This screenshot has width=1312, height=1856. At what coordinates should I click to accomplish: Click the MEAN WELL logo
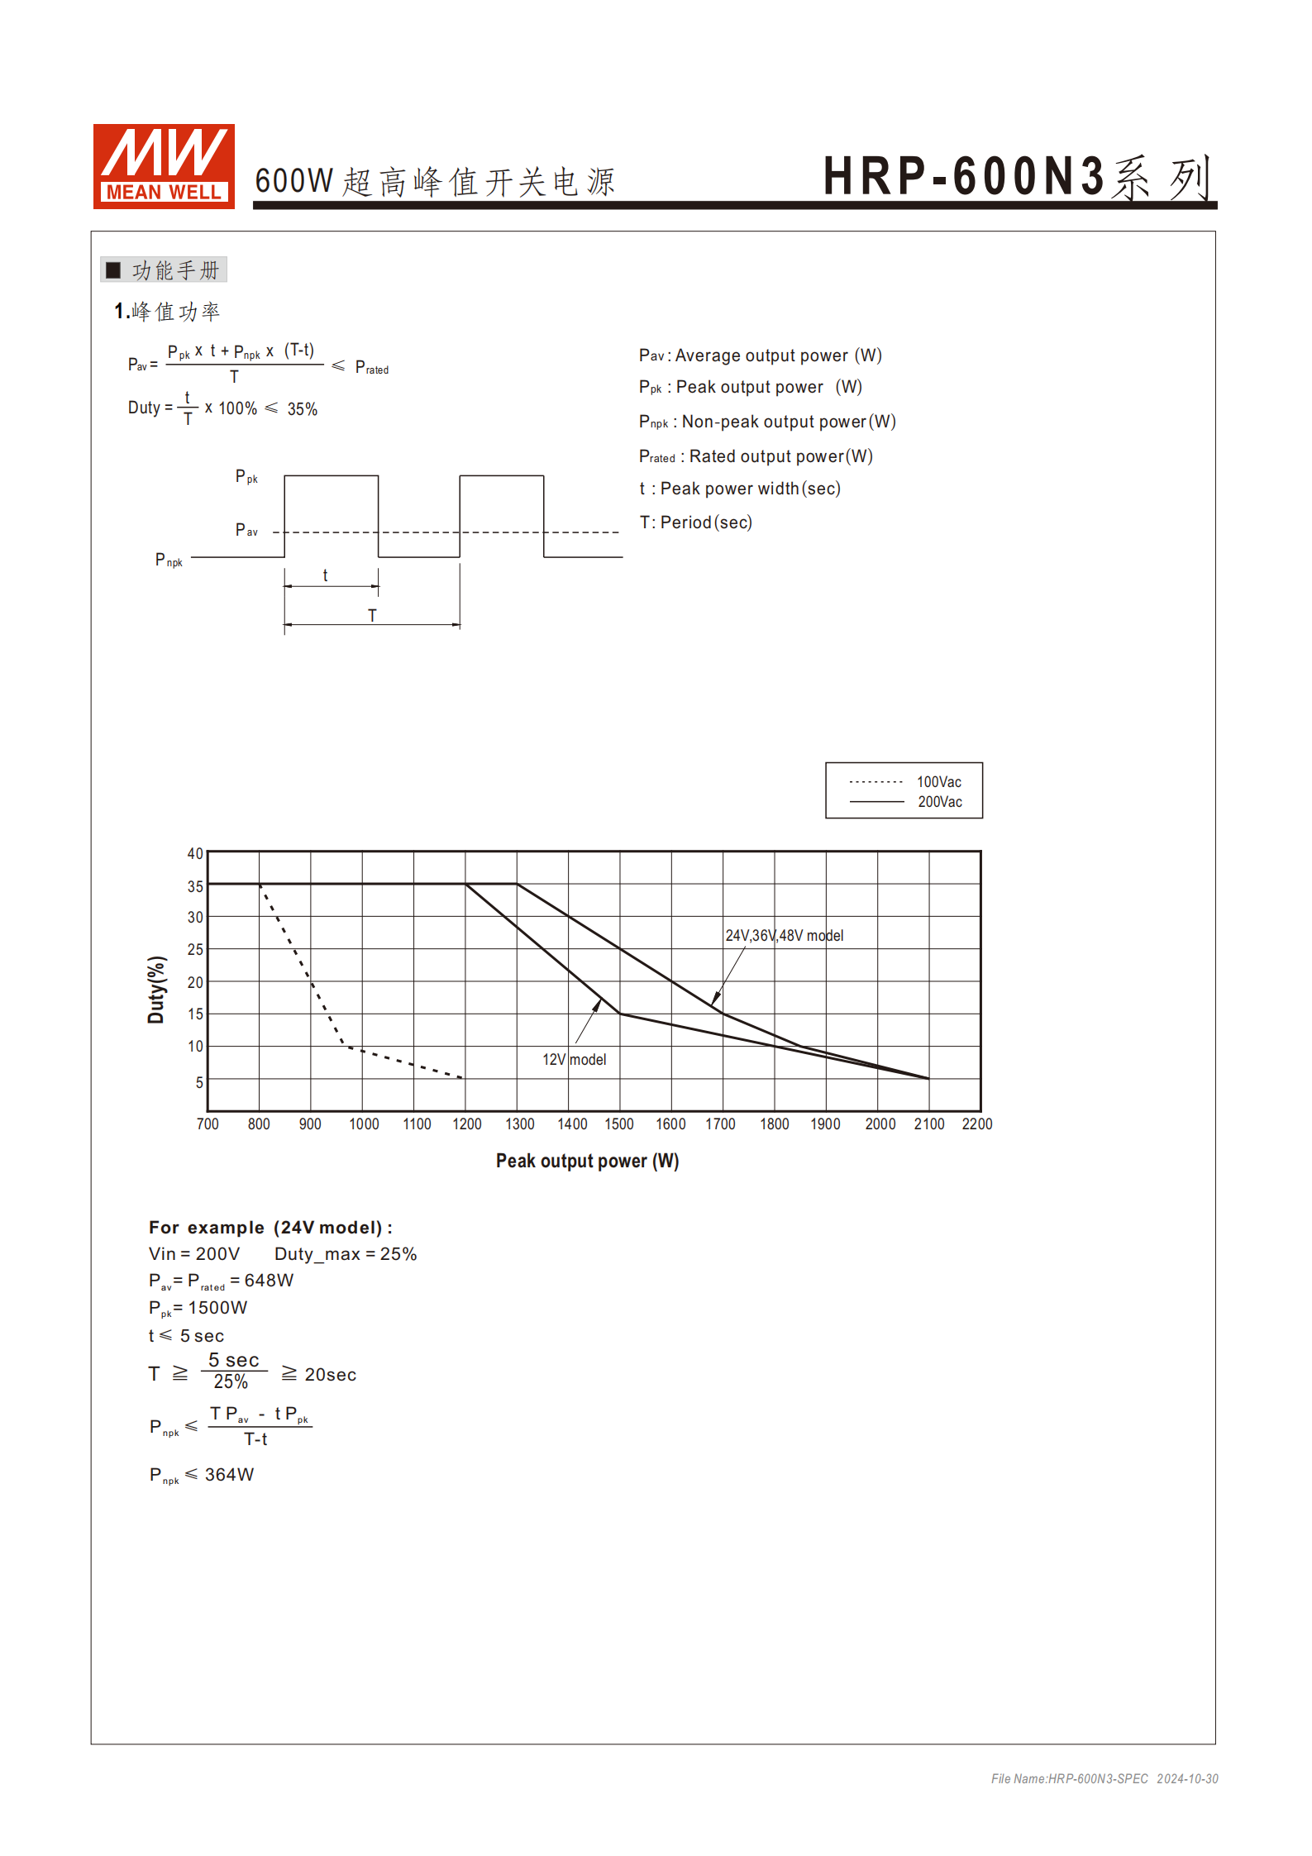[164, 166]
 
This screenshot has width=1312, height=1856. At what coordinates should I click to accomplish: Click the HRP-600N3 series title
[1016, 177]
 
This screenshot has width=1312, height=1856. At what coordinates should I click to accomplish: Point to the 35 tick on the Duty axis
[195, 886]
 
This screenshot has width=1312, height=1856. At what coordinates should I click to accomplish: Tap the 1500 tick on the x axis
[619, 1124]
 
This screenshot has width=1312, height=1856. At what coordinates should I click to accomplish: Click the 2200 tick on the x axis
[976, 1124]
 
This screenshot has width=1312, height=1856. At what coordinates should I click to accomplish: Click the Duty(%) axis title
[156, 990]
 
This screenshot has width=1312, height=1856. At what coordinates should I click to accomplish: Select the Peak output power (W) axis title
[587, 1161]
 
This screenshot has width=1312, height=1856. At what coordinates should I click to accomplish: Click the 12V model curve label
[574, 1060]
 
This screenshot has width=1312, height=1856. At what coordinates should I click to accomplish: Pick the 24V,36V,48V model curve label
[784, 936]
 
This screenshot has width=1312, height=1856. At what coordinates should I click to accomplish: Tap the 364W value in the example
[229, 1475]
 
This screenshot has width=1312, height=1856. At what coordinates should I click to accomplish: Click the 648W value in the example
[269, 1281]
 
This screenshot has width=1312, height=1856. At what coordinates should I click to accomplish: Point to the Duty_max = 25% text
[346, 1254]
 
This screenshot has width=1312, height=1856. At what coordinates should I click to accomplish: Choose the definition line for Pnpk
[766, 422]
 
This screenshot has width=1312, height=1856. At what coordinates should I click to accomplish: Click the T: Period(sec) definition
[695, 522]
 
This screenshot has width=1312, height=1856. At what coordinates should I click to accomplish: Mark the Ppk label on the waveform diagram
[246, 477]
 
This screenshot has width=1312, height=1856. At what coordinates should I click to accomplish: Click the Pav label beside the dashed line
[246, 530]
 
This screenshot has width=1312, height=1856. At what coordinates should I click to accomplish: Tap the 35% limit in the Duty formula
[302, 409]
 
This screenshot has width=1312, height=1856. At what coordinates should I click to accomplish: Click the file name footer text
[1104, 1779]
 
